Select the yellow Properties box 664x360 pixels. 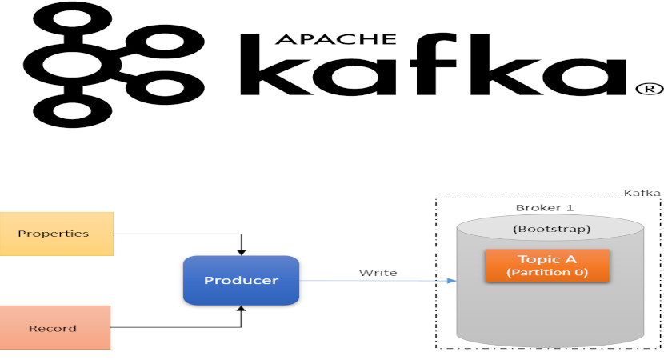56,234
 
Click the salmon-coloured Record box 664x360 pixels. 54,327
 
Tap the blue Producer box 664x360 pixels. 241,280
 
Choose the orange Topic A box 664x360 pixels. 547,266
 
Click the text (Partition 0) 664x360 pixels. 547,273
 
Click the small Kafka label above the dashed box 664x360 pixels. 642,193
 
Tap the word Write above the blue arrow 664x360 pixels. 378,272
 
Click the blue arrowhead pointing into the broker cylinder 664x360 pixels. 452,281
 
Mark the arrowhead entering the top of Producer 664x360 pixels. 241,251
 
